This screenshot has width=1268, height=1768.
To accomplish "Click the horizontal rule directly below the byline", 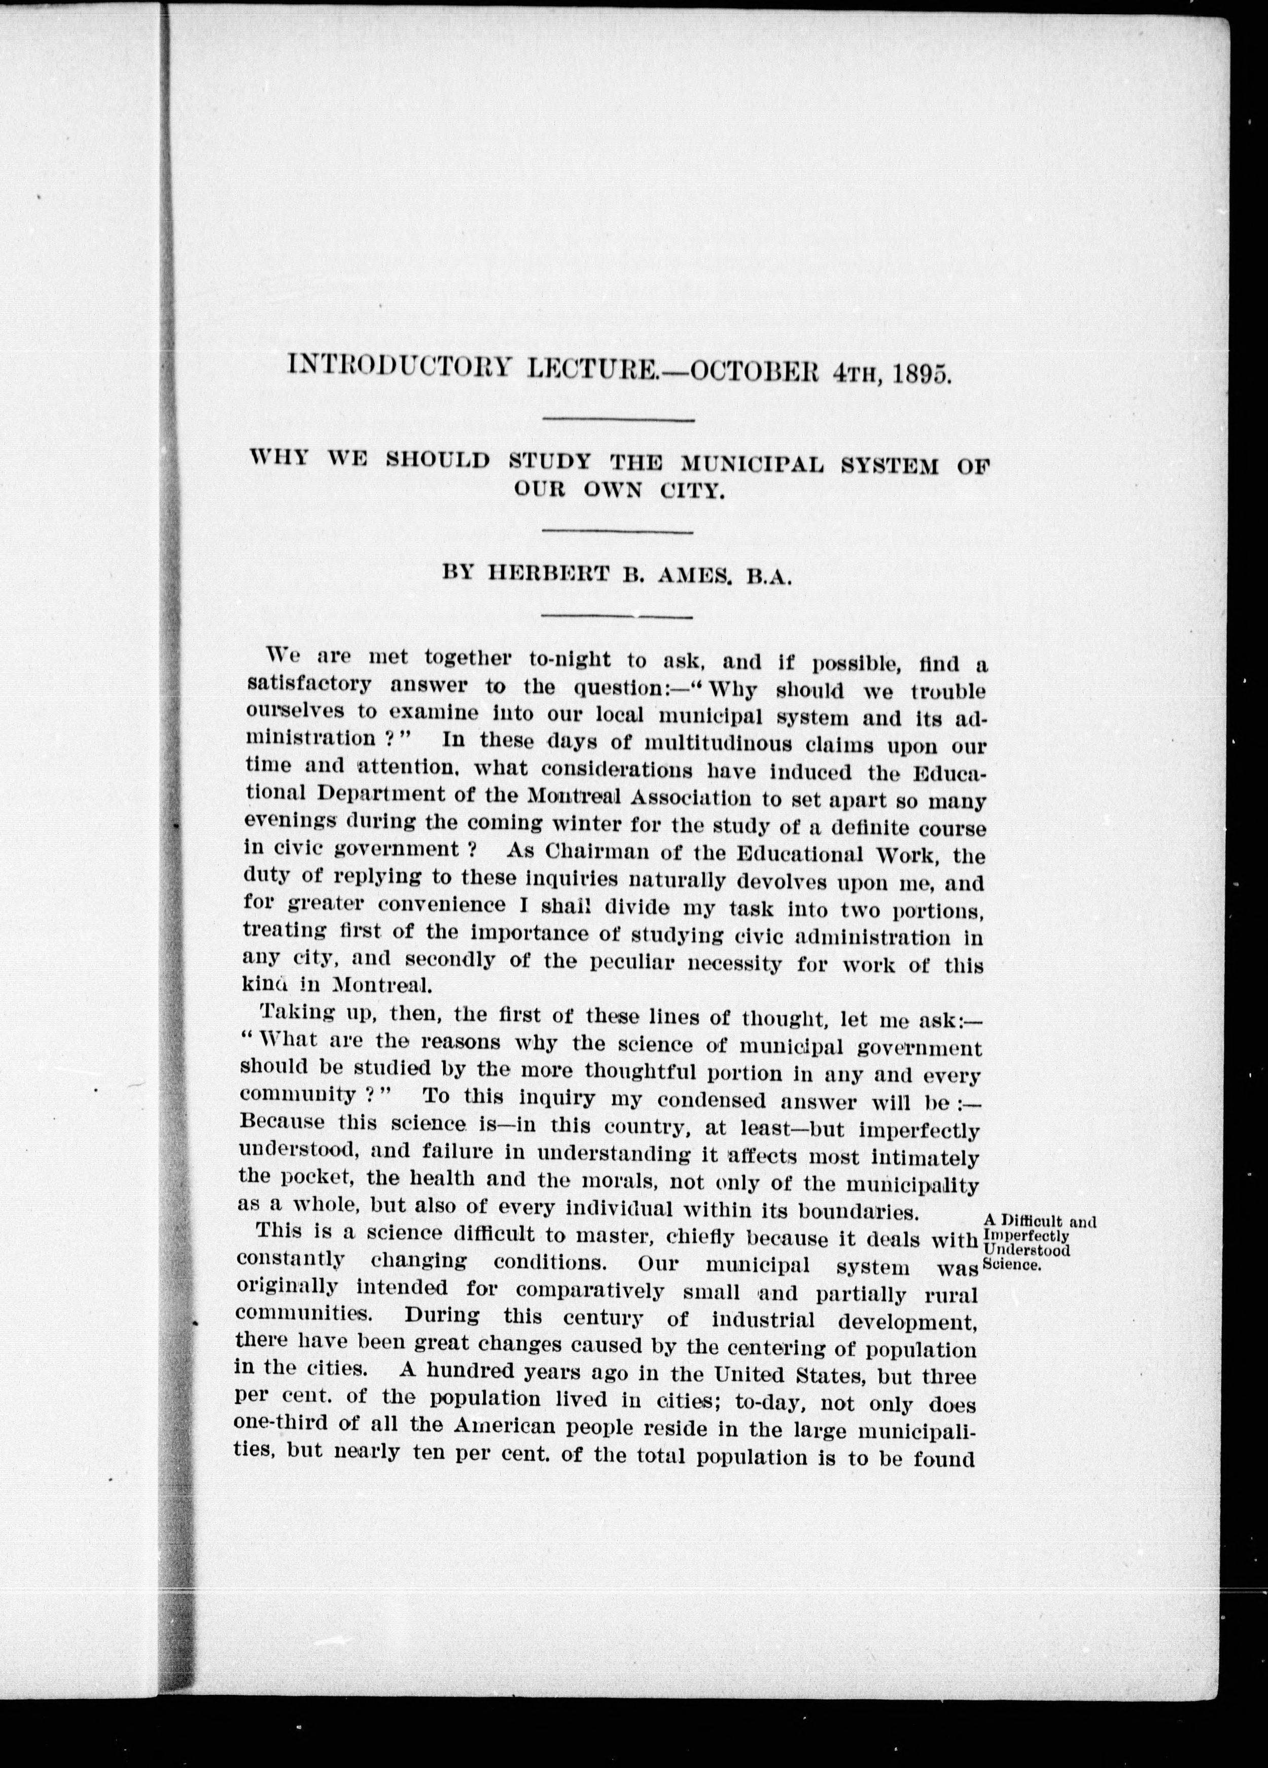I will [618, 616].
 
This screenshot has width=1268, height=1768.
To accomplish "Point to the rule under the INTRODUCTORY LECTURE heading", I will [618, 420].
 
